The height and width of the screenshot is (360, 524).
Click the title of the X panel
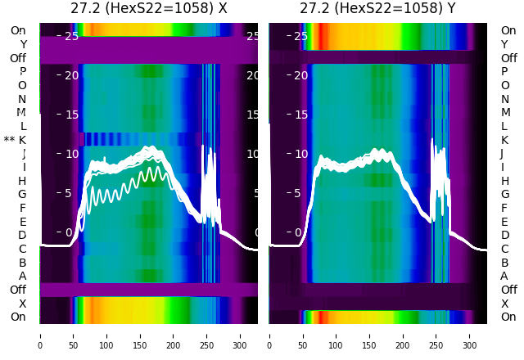[x=149, y=9]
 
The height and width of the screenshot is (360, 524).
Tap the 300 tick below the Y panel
[x=470, y=335]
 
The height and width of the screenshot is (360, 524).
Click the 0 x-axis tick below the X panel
[x=40, y=335]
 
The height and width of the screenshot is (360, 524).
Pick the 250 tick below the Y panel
[x=436, y=335]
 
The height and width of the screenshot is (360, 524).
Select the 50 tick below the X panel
[x=74, y=335]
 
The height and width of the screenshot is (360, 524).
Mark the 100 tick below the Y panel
[x=337, y=335]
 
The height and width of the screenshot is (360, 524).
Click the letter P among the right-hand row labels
[x=504, y=72]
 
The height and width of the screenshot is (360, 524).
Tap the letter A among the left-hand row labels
[x=22, y=276]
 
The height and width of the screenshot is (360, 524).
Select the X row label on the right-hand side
[x=504, y=304]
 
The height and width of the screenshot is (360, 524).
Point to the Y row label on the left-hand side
[x=23, y=44]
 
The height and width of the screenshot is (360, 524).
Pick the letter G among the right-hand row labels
[x=504, y=194]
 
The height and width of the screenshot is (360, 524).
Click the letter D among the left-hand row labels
[x=22, y=235]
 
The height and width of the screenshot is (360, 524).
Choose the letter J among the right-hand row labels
[x=502, y=153]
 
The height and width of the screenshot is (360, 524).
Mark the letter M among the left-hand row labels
[x=22, y=112]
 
